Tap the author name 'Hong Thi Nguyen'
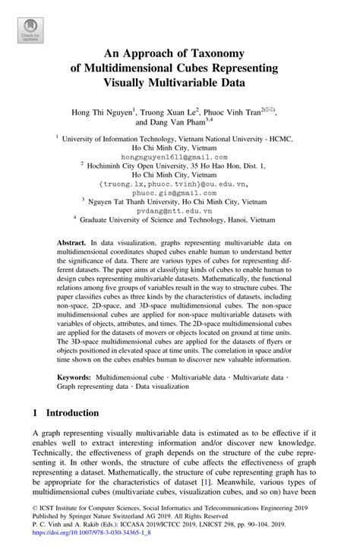coord(103,112)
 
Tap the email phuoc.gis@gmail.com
coord(179,193)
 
